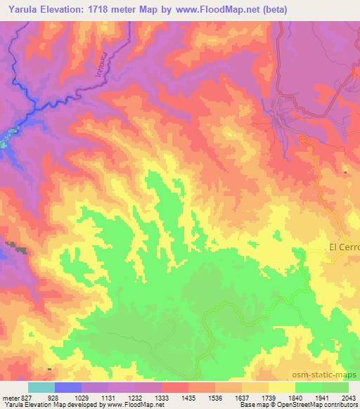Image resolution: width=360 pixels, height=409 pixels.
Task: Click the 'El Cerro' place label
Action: (344, 247)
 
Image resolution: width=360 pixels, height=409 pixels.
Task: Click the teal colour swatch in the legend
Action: (41, 387)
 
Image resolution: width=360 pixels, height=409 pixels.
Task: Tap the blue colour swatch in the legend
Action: (68, 387)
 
